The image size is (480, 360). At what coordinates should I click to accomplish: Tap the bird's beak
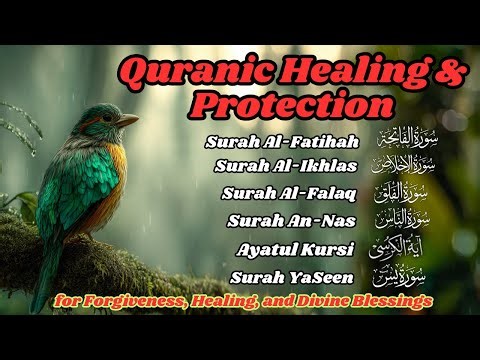126,120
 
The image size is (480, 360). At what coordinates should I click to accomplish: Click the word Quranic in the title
189,71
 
